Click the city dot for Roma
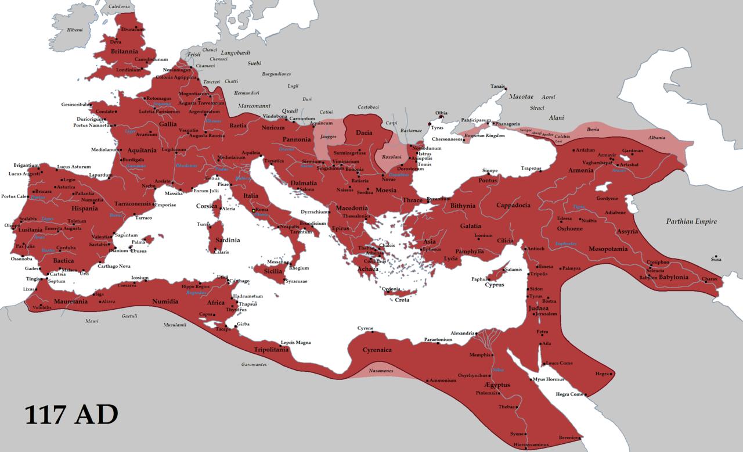point(254,210)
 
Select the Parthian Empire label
point(691,221)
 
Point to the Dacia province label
point(364,133)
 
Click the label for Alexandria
point(463,333)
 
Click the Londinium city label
point(128,70)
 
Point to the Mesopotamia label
point(608,249)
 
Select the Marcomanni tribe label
point(255,106)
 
